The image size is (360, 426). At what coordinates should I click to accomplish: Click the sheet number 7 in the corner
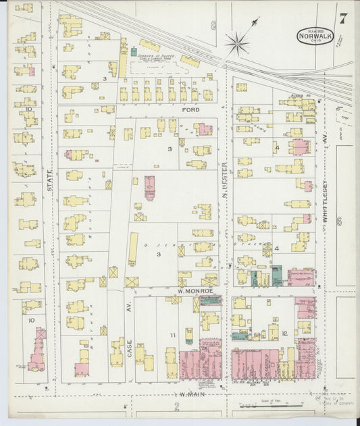[343, 19]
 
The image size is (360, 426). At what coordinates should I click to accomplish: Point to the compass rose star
[237, 44]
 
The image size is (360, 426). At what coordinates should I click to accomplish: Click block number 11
[173, 335]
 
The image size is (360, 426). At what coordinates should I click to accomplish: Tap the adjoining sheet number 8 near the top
[213, 26]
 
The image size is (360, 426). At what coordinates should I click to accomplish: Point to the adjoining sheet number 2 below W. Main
[177, 407]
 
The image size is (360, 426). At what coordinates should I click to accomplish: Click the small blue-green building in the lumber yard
[134, 51]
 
